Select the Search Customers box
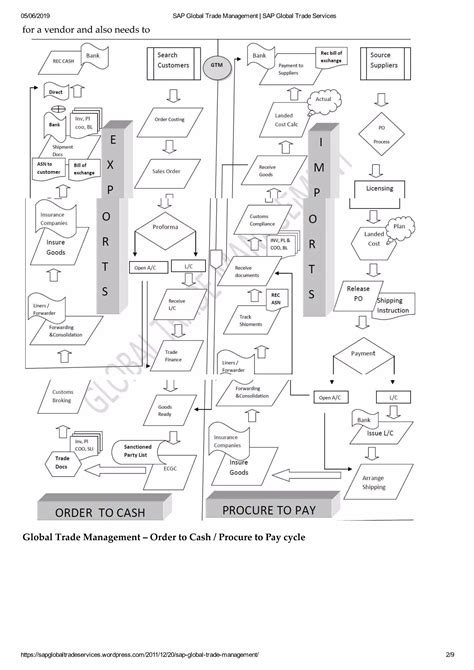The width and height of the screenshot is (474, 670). [174, 62]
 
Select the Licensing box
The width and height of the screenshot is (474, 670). [380, 187]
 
